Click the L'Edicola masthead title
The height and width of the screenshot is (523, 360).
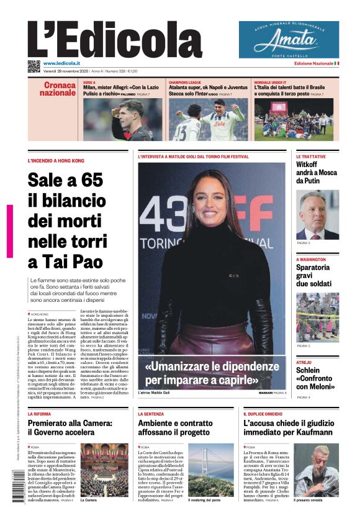pyautogui.click(x=115, y=40)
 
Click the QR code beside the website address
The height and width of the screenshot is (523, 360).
pyautogui.click(x=34, y=65)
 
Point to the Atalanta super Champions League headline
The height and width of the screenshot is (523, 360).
pyautogui.click(x=207, y=91)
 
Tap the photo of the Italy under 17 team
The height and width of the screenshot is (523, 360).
pyautogui.click(x=293, y=119)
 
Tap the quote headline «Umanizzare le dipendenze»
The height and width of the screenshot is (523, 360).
pyautogui.click(x=210, y=372)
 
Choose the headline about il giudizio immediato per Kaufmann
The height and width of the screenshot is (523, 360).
pyautogui.click(x=287, y=427)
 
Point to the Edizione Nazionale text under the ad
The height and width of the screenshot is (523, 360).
pyautogui.click(x=313, y=63)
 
